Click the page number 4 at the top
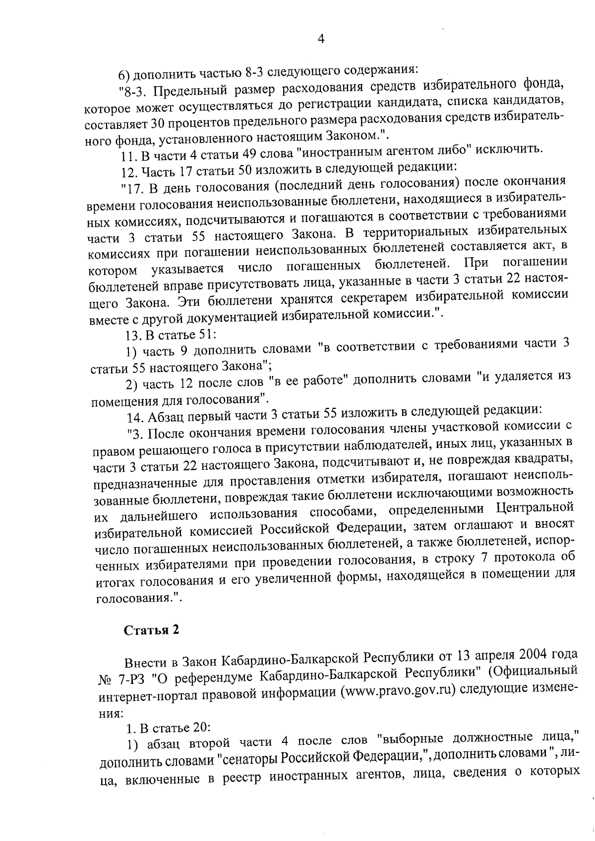(x=321, y=39)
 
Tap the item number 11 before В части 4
(x=129, y=157)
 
